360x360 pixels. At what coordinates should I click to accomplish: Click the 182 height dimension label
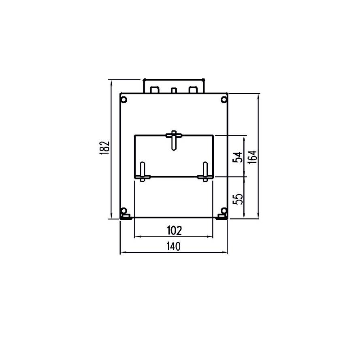click(104, 148)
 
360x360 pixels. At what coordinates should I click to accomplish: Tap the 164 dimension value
click(252, 156)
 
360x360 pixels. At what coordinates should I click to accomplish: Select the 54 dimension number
click(239, 157)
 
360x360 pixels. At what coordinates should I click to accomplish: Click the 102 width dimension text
click(174, 230)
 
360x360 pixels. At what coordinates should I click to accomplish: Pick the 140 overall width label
click(174, 246)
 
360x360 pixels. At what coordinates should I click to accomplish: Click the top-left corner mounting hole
click(124, 100)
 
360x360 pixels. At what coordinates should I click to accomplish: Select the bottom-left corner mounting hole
click(124, 211)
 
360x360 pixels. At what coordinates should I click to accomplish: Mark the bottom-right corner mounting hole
click(223, 211)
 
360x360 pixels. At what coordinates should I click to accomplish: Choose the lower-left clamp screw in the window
click(143, 172)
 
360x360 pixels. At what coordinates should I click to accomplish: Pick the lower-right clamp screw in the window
click(205, 172)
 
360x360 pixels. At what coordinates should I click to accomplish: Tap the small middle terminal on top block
click(174, 91)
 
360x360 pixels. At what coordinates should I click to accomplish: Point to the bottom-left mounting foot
click(125, 217)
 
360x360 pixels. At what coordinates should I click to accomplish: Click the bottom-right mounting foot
click(222, 217)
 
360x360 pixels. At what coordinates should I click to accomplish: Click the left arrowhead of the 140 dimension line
click(122, 253)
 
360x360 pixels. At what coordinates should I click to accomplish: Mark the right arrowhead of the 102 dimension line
click(211, 237)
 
